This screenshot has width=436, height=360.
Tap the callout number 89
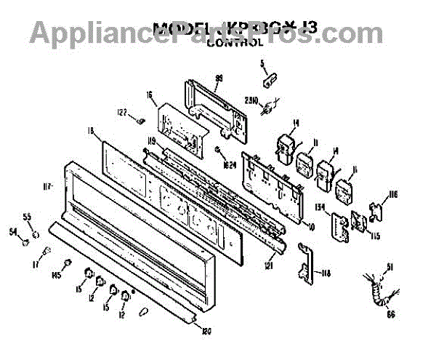pyautogui.click(x=218, y=78)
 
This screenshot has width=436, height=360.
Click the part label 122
pyautogui.click(x=123, y=112)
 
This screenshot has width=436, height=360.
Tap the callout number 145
pyautogui.click(x=56, y=274)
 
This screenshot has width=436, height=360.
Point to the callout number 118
pyautogui.click(x=326, y=273)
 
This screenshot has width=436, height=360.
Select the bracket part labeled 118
pyautogui.click(x=305, y=263)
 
